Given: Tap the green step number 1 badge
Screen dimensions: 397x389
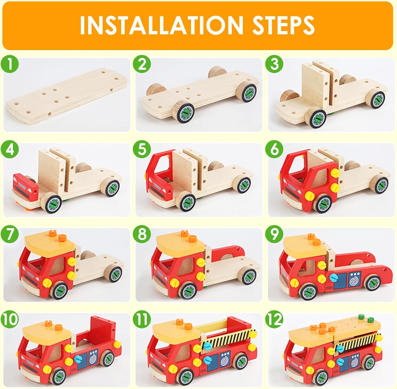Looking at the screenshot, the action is pos(10,65).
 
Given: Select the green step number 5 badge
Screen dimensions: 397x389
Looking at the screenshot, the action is pos(142,150).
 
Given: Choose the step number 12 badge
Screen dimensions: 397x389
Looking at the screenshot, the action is pos(274,320).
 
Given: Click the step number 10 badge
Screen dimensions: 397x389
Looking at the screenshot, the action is pos(10,320).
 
